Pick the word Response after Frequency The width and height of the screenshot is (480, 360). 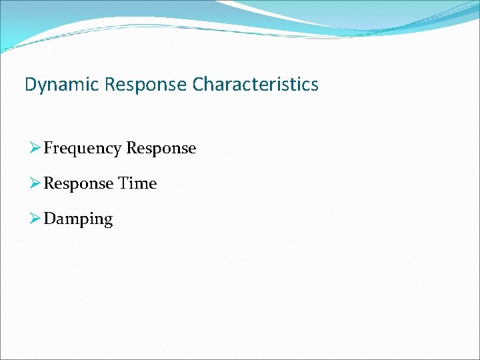tap(161, 149)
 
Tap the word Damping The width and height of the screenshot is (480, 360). tap(78, 219)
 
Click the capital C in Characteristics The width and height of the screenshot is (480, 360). tap(198, 85)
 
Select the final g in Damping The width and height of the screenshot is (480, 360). tap(108, 221)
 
